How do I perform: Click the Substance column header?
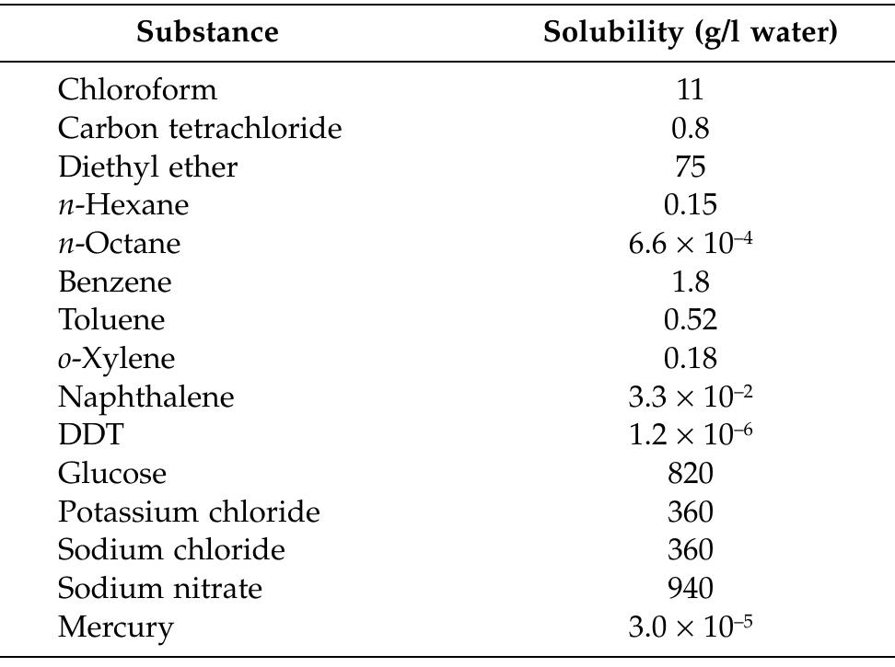tap(207, 32)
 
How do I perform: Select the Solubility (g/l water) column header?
tap(690, 32)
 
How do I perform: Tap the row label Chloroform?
tap(137, 90)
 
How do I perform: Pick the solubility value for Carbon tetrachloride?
tap(690, 128)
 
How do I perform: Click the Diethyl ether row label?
tap(147, 167)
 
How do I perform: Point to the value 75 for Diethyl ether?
tap(690, 167)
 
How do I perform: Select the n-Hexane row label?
tap(122, 205)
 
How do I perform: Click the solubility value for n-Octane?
tap(690, 243)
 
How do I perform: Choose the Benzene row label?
tap(114, 282)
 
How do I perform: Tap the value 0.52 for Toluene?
tap(690, 320)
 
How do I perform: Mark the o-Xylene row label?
tap(116, 359)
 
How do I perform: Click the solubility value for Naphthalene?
tap(690, 397)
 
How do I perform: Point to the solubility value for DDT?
tap(690, 435)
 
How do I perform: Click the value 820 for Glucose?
tap(690, 474)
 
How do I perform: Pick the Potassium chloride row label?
tap(189, 512)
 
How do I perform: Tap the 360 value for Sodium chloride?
tap(690, 550)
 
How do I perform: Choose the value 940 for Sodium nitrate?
tap(690, 589)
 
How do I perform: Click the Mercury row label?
tap(115, 627)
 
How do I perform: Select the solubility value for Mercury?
tap(690, 627)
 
